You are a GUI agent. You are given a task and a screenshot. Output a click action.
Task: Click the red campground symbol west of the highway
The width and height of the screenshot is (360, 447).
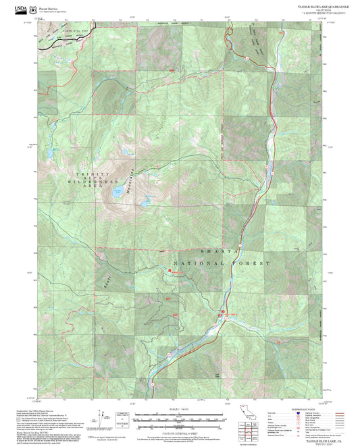[170, 272]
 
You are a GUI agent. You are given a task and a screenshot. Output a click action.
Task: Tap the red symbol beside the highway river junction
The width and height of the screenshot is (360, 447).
[222, 312]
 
